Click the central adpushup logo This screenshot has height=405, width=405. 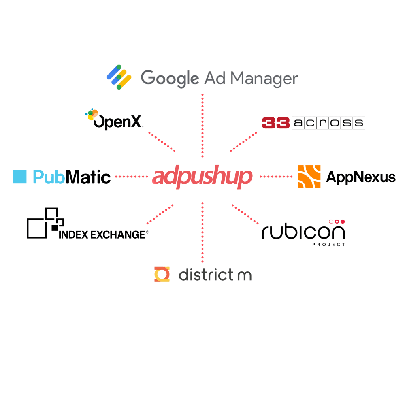[x=202, y=177]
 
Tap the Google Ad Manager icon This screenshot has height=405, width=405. [x=119, y=77]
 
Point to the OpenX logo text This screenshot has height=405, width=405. [x=118, y=122]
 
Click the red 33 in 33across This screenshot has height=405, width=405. [x=275, y=123]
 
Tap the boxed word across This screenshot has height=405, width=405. [x=328, y=123]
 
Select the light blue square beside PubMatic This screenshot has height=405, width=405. [x=19, y=177]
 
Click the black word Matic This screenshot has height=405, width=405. [x=88, y=177]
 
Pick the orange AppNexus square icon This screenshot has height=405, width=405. [x=309, y=177]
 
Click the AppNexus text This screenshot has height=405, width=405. [x=360, y=177]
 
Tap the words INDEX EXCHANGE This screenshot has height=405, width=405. [x=102, y=234]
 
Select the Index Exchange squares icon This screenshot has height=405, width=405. [x=45, y=223]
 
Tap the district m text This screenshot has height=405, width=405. [x=215, y=275]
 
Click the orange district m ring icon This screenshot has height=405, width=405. [x=162, y=275]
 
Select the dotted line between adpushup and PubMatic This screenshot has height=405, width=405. [x=132, y=177]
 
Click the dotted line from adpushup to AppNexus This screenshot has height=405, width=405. [x=276, y=177]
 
